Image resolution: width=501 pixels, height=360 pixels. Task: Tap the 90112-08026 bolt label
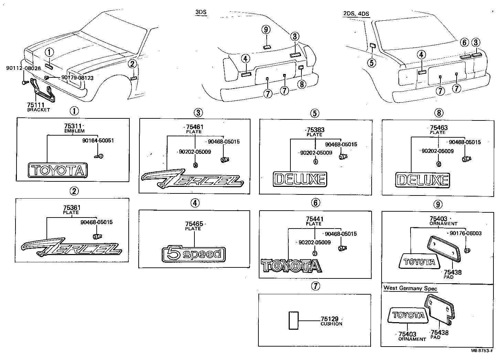[23, 68]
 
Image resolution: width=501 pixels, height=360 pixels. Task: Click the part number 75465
[193, 224]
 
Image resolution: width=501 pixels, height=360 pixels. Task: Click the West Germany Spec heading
[410, 288]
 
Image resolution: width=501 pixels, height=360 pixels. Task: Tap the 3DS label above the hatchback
[201, 13]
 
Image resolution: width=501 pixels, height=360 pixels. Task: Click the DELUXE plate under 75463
[422, 180]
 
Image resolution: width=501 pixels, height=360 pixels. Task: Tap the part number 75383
[315, 130]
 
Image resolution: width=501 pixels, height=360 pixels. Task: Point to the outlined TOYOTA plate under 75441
[291, 266]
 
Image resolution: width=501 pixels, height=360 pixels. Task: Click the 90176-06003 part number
[465, 233]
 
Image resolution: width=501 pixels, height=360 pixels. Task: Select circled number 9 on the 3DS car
[266, 30]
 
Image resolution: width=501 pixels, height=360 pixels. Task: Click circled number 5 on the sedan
[372, 63]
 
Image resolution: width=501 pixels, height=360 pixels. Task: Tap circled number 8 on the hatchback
[301, 84]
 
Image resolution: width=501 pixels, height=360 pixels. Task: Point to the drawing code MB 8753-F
[484, 351]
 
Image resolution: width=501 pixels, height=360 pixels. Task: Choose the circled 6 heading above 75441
[315, 203]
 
